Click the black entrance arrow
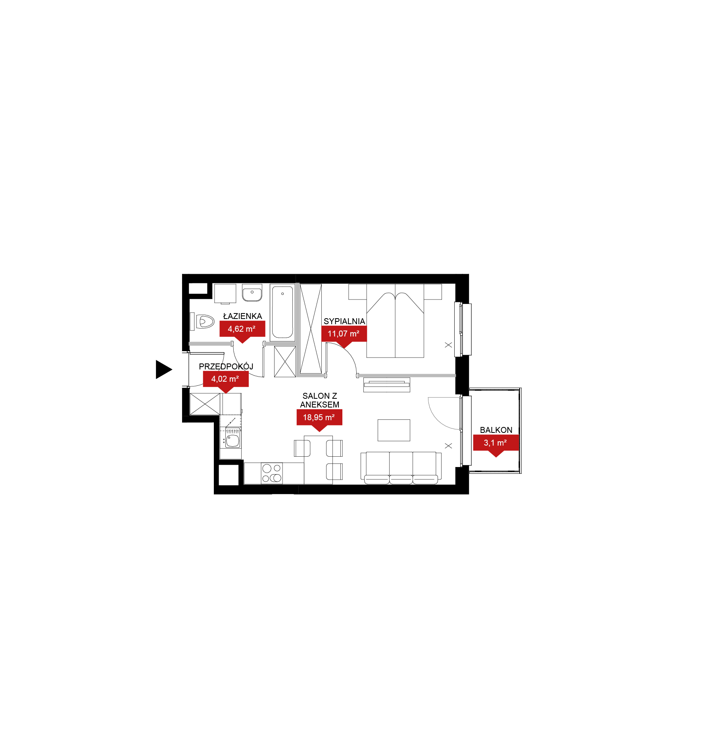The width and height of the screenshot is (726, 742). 163,369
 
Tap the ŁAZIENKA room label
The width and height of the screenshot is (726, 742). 242,316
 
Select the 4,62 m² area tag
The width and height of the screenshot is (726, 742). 242,331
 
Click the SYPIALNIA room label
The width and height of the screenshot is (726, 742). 344,321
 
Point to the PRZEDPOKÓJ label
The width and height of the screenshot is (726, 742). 226,366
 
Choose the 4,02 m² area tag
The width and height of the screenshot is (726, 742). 226,381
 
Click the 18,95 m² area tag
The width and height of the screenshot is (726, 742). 319,420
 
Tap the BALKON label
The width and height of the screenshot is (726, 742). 496,430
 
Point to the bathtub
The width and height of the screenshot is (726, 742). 282,312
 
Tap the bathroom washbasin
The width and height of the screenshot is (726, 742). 252,293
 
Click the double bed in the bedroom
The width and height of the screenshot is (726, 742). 395,321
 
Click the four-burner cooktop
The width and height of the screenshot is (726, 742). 272,473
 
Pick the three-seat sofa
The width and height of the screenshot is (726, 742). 401,468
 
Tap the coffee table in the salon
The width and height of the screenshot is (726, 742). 394,430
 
